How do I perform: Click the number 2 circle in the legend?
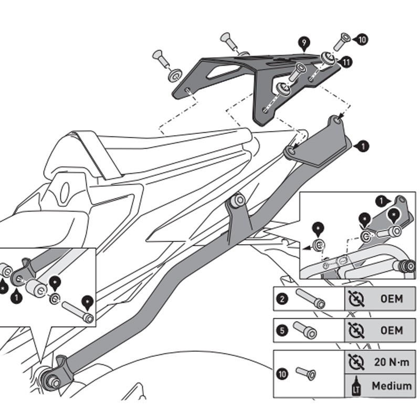pyautogui.click(x=282, y=300)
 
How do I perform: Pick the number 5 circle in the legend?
pyautogui.click(x=282, y=331)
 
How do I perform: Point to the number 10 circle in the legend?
pyautogui.click(x=282, y=374)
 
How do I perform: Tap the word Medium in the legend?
pyautogui.click(x=391, y=386)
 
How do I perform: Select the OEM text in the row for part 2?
pyautogui.click(x=391, y=300)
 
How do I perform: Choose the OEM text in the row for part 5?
pyautogui.click(x=391, y=331)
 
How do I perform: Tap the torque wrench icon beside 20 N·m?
pyautogui.click(x=356, y=362)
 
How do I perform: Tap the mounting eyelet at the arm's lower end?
pyautogui.click(x=53, y=379)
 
